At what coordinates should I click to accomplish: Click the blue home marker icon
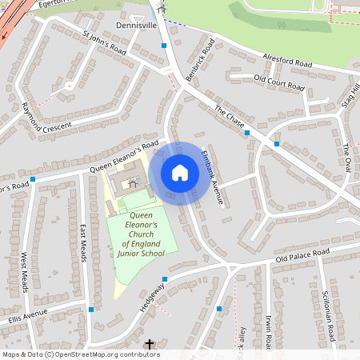(180, 173)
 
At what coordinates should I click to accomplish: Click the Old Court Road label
(278, 82)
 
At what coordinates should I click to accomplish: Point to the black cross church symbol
(149, 345)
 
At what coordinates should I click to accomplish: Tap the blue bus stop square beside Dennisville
(164, 46)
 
